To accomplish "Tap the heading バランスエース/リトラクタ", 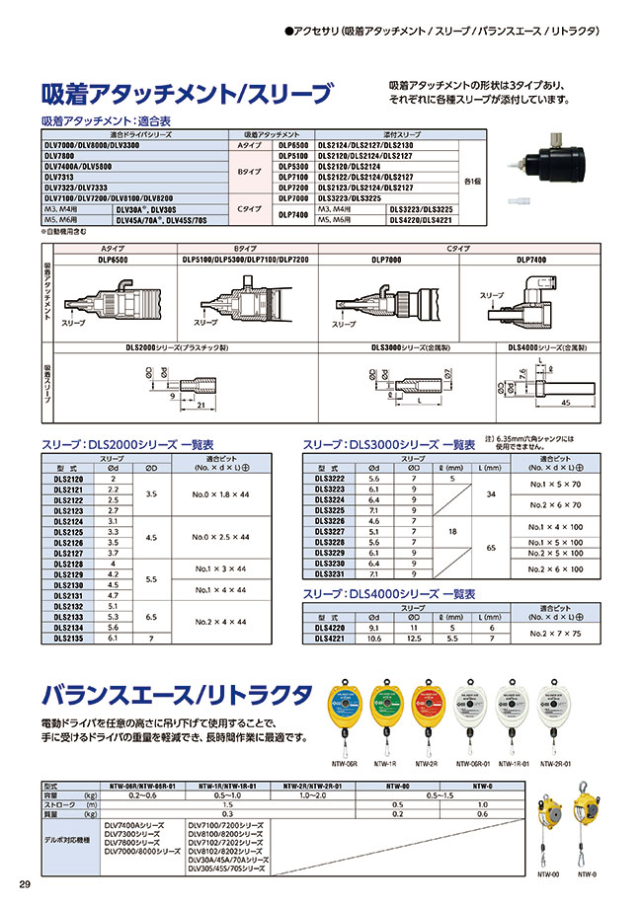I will point(178,695).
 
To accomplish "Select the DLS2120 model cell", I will point(67,478).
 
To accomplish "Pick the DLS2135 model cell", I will point(67,638).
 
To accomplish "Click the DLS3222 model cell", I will point(329,478).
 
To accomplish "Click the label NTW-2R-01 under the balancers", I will point(556,762).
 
